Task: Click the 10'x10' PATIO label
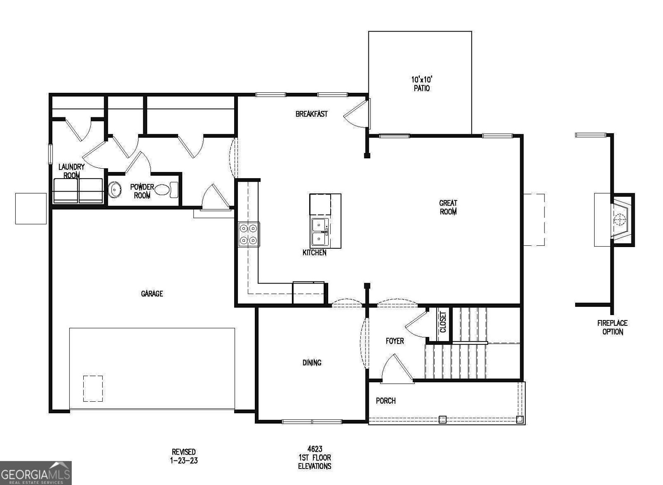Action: point(421,83)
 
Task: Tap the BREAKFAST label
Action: point(311,114)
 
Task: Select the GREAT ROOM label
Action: point(448,207)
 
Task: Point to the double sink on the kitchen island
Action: point(320,232)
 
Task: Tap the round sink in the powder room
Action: point(114,190)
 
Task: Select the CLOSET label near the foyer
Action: point(443,322)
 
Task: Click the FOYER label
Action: point(394,341)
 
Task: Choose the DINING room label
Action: point(312,363)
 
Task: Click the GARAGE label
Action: point(152,293)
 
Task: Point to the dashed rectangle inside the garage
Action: point(93,388)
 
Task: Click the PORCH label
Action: point(385,400)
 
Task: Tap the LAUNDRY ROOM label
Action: point(71,171)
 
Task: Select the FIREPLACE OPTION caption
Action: point(612,327)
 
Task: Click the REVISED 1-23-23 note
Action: point(184,456)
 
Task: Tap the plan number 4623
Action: point(315,449)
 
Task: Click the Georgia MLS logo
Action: point(36,473)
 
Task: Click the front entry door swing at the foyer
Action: point(396,369)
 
